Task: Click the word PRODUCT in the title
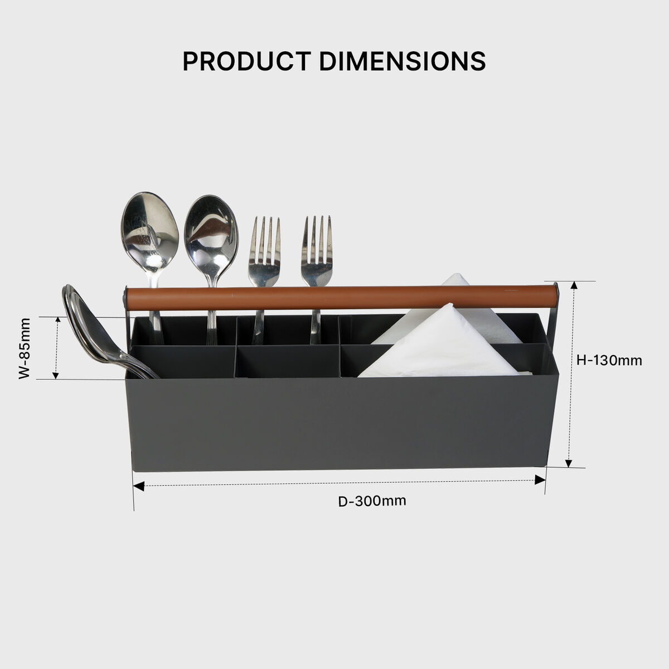tap(247, 61)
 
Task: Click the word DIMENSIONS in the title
tap(402, 61)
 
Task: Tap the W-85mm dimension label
tap(25, 348)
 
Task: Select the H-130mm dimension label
tap(609, 360)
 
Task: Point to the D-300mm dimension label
tap(372, 501)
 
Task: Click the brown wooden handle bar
tap(341, 297)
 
